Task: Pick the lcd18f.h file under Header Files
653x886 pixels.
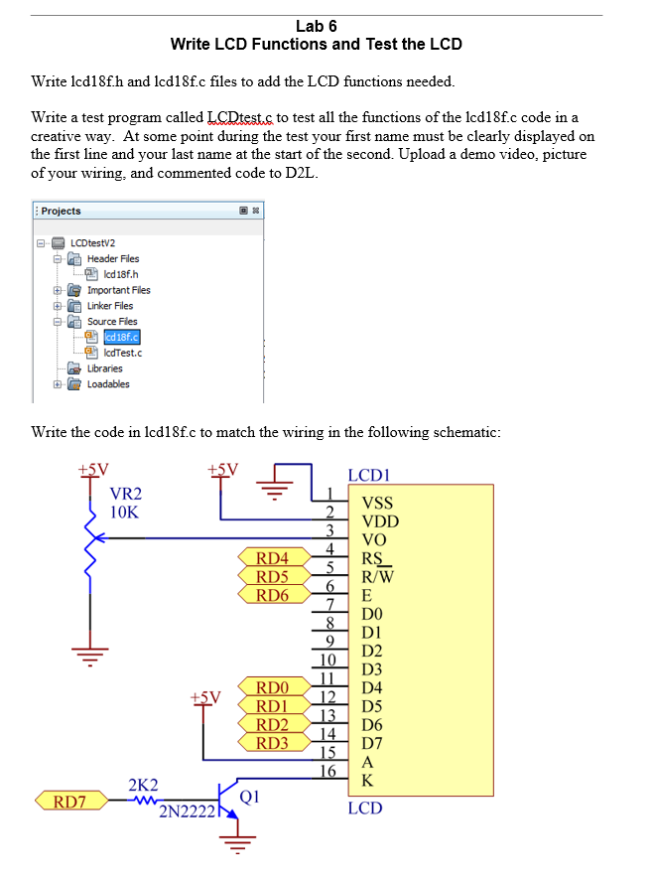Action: click(x=113, y=274)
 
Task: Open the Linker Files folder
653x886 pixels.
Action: click(x=109, y=306)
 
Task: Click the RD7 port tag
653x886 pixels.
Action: click(x=67, y=801)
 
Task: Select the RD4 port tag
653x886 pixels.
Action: click(x=272, y=558)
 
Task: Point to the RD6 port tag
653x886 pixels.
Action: click(x=272, y=596)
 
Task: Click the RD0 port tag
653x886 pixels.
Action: click(x=272, y=687)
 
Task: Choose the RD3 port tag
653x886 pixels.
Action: click(x=272, y=743)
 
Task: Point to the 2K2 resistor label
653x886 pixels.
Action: click(x=142, y=784)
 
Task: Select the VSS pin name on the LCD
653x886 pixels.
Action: click(x=379, y=504)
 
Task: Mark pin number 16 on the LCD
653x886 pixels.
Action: click(x=327, y=771)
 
